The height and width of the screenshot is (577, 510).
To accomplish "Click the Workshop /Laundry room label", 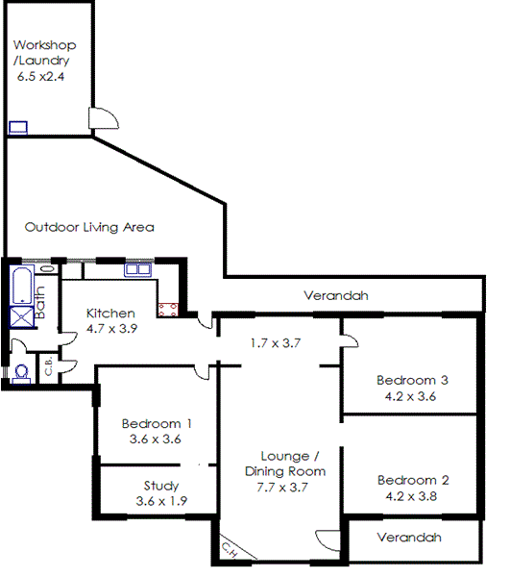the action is click(x=45, y=53).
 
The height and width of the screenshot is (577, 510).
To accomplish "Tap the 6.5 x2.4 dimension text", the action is click(x=40, y=77).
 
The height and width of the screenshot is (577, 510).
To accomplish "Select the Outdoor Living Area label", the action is click(x=89, y=227).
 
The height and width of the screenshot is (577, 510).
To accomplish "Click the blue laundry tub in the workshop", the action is click(x=18, y=127).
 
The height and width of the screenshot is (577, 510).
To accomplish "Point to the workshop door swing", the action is click(x=104, y=118).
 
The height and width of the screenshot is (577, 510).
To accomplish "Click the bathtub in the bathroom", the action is click(x=22, y=286).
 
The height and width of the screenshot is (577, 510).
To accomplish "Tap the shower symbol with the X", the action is click(x=22, y=317).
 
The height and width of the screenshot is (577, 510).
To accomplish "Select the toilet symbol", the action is click(x=22, y=373).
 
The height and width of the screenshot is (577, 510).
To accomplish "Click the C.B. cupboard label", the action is click(x=48, y=367).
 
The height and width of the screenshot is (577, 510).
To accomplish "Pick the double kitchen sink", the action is click(x=137, y=269).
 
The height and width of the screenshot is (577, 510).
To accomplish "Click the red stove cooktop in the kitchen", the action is click(x=168, y=310).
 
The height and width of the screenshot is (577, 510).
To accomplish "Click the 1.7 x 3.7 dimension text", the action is click(x=276, y=343).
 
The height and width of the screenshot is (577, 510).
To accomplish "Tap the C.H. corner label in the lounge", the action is click(x=231, y=550).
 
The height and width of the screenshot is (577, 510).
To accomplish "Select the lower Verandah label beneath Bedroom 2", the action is click(x=409, y=538).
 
